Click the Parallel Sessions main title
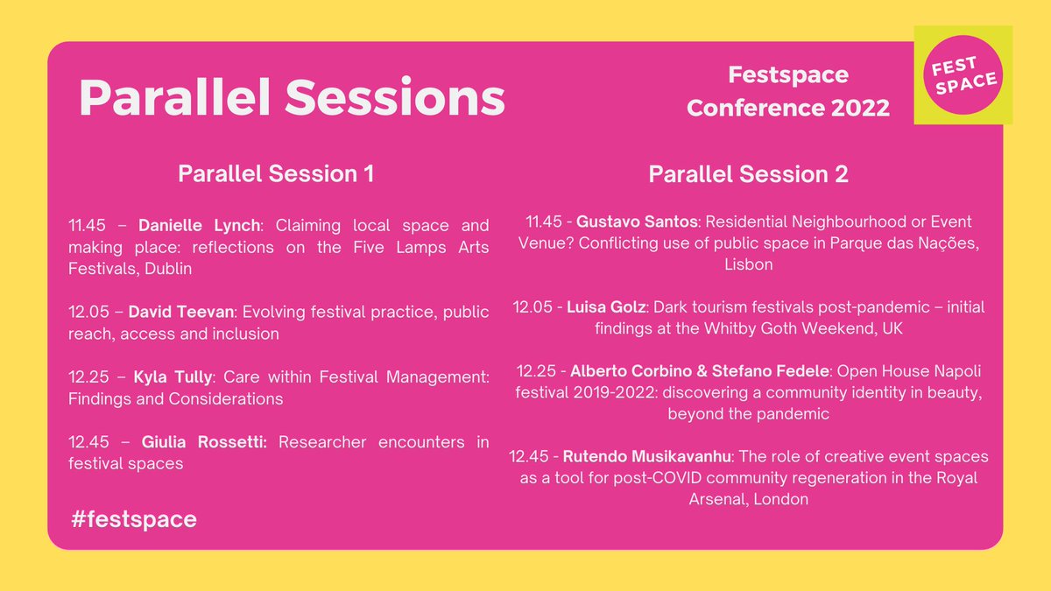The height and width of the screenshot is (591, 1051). [292, 97]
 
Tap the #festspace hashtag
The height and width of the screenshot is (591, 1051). [135, 519]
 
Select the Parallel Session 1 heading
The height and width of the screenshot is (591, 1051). [276, 174]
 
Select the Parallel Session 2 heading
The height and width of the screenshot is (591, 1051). [748, 174]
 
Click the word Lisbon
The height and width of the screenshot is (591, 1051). [748, 264]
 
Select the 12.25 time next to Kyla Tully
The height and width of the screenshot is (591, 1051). [90, 377]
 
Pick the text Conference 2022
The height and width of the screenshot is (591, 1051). [787, 108]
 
